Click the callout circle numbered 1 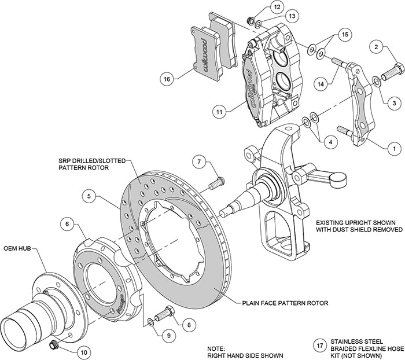[x=393, y=149]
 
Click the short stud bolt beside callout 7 [x=216, y=183]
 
